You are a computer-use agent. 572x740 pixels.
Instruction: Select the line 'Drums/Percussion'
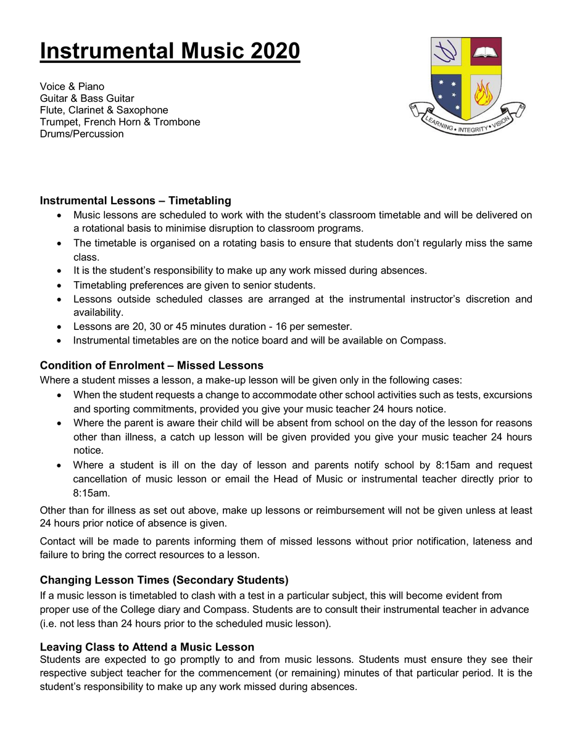pyautogui.click(x=81, y=134)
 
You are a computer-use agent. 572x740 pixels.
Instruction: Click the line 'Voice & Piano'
pyautogui.click(x=72, y=86)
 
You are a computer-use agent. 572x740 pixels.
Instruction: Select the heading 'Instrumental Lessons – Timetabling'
pyautogui.click(x=135, y=200)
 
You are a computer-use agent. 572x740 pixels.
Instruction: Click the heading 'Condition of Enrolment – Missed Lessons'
pyautogui.click(x=151, y=366)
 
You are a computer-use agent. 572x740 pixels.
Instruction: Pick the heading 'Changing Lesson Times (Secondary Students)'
pyautogui.click(x=164, y=580)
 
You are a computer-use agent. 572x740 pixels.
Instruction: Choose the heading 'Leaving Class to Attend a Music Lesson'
pyautogui.click(x=147, y=647)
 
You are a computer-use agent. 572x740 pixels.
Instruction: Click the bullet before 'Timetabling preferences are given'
pyautogui.click(x=59, y=286)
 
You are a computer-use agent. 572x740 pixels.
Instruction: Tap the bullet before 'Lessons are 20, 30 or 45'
pyautogui.click(x=59, y=327)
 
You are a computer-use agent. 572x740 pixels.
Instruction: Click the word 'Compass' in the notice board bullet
pyautogui.click(x=424, y=340)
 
